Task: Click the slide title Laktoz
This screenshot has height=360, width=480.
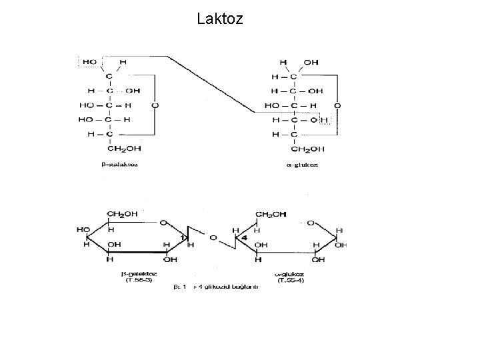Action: tap(220, 19)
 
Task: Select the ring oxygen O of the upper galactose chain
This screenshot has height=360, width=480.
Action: tap(155, 105)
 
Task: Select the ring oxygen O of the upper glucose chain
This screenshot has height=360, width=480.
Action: tap(337, 105)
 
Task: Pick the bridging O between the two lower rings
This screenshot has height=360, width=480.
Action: tap(212, 237)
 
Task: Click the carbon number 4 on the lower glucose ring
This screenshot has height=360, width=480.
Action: tap(245, 237)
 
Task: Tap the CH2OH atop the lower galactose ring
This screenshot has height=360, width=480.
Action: tap(124, 214)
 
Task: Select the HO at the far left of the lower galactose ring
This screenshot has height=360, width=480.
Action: tap(83, 230)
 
